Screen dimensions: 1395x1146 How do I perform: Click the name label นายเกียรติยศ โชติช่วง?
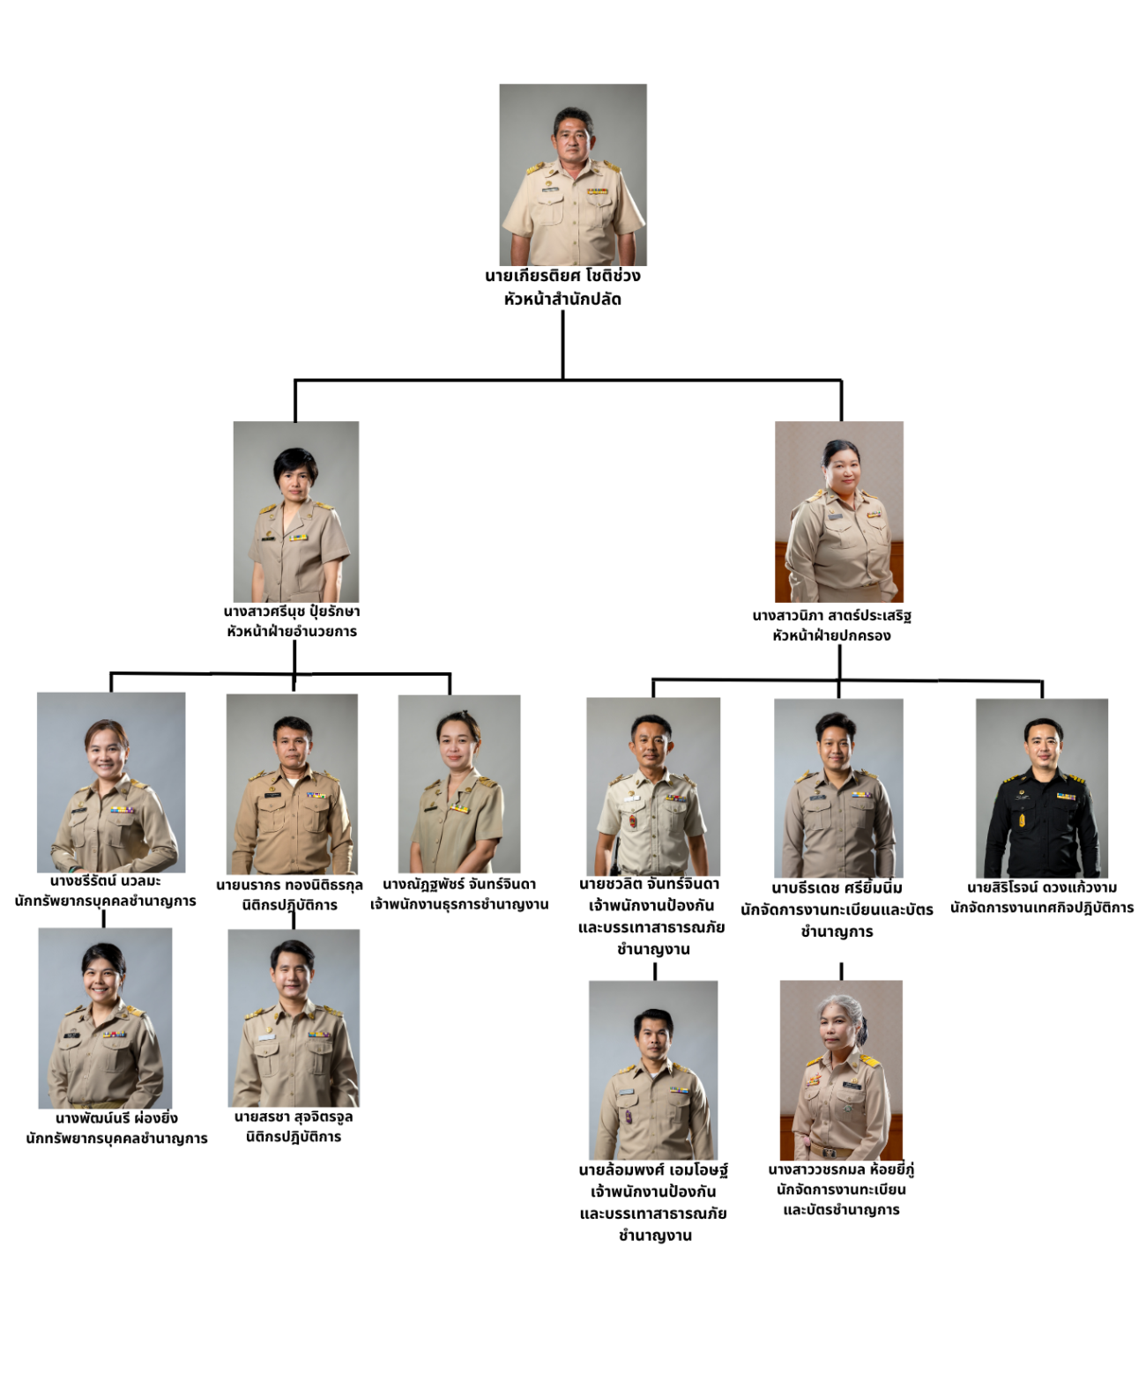(562, 276)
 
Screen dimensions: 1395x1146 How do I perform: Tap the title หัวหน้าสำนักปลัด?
(562, 300)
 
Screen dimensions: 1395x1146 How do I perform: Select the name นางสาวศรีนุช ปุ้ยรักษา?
(292, 611)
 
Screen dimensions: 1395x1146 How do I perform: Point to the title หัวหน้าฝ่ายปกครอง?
(831, 635)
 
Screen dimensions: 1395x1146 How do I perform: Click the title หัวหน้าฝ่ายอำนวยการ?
(292, 631)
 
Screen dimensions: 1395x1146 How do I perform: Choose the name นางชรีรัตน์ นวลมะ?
(106, 880)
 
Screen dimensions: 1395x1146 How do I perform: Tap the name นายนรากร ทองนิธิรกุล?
(289, 885)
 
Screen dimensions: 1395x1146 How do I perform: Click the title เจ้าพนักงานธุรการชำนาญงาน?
(459, 904)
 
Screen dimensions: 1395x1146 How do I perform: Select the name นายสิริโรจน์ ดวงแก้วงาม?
(1042, 887)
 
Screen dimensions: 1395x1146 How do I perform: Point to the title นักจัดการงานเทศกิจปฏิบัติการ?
(1042, 908)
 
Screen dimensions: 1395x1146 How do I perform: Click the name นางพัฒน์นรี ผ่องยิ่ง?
(116, 1118)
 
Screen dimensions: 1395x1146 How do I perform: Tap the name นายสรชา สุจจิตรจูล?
(294, 1117)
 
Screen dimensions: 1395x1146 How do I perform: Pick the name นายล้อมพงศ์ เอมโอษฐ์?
(653, 1170)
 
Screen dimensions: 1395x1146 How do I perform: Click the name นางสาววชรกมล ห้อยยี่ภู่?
(841, 1169)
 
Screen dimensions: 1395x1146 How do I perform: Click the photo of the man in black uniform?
(1042, 787)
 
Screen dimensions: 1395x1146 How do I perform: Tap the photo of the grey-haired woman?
(841, 1069)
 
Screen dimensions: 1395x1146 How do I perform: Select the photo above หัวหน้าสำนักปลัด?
(573, 174)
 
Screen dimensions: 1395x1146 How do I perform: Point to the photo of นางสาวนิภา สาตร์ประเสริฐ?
(839, 511)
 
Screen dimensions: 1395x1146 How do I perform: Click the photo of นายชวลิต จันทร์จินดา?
(653, 786)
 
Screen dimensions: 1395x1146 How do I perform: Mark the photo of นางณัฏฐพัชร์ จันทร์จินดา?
(459, 783)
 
